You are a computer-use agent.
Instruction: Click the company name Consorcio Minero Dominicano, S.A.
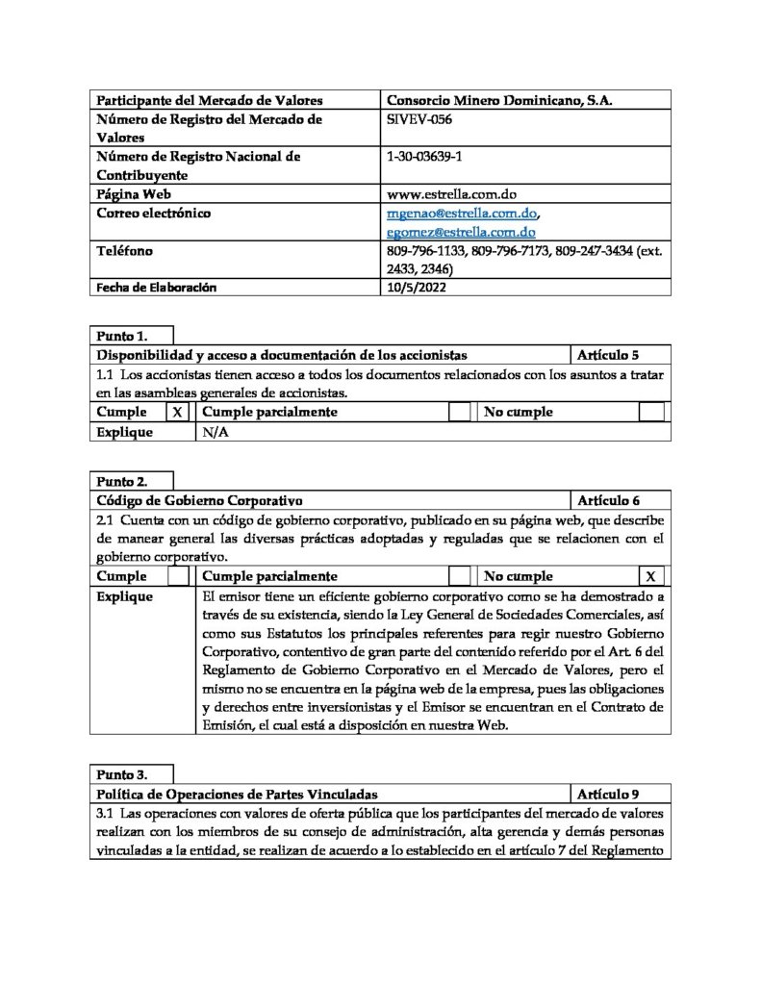coord(498,100)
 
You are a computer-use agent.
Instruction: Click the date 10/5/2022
coord(414,287)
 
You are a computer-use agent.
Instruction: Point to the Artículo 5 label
coord(608,355)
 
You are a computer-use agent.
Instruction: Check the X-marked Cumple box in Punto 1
coord(178,412)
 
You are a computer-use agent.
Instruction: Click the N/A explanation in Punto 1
coord(216,432)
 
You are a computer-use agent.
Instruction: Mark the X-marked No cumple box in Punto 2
coord(651,576)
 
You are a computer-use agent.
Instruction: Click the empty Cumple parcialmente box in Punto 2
coord(461,576)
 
